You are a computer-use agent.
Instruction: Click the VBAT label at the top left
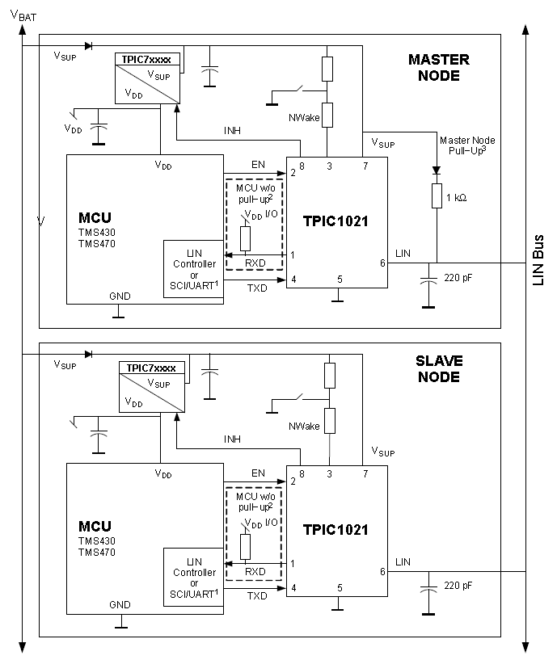(x=23, y=15)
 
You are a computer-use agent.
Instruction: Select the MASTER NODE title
(x=439, y=67)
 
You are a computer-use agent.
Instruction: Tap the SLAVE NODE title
(x=439, y=368)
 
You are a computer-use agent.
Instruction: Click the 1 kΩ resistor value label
(x=456, y=197)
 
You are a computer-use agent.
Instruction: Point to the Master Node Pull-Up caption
(x=467, y=145)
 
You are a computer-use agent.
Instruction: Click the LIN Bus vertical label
(x=538, y=260)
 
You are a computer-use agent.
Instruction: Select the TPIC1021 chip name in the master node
(x=335, y=221)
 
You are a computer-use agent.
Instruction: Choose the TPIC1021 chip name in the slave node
(x=335, y=529)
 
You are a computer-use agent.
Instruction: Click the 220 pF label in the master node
(x=458, y=278)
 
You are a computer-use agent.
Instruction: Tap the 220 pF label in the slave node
(x=458, y=586)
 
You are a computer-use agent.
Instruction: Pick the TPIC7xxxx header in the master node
(x=146, y=59)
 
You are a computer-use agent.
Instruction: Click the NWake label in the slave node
(x=304, y=426)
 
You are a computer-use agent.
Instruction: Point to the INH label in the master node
(x=232, y=131)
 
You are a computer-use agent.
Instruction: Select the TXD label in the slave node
(x=257, y=596)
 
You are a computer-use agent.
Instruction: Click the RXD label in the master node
(x=255, y=263)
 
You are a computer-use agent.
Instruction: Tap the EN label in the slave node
(x=258, y=473)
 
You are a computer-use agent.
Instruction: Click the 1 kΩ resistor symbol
(x=437, y=195)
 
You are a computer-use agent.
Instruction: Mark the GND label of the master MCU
(x=120, y=296)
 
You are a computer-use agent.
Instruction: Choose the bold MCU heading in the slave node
(x=95, y=526)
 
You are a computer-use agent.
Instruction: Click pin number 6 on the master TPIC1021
(x=382, y=263)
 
